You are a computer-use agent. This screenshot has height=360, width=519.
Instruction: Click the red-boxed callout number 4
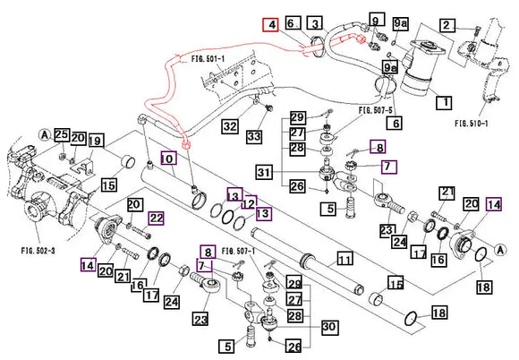pyautogui.click(x=270, y=25)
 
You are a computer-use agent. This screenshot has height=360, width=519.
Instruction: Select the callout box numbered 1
pyautogui.click(x=445, y=102)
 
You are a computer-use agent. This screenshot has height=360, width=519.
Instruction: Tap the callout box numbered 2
pyautogui.click(x=447, y=25)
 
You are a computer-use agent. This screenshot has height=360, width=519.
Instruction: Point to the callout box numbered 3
pyautogui.click(x=315, y=23)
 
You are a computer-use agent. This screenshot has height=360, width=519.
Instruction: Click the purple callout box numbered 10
pyautogui.click(x=168, y=159)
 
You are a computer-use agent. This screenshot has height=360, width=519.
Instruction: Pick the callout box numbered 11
pyautogui.click(x=345, y=259)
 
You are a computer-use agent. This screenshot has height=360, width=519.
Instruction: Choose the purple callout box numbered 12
pyautogui.click(x=249, y=202)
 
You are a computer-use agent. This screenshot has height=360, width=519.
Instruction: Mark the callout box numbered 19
pyautogui.click(x=96, y=141)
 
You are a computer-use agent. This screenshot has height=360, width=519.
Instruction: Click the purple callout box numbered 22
pyautogui.click(x=156, y=219)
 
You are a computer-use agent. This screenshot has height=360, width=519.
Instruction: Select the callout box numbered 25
pyautogui.click(x=62, y=135)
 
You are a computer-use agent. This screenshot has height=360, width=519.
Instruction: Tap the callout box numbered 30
pyautogui.click(x=329, y=327)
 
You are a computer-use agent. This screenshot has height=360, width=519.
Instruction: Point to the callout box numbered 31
pyautogui.click(x=265, y=173)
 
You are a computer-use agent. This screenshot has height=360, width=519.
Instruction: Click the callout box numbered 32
pyautogui.click(x=230, y=126)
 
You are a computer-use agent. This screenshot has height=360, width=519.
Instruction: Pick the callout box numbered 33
pyautogui.click(x=254, y=136)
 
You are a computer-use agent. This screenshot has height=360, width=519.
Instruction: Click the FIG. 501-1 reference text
pyautogui.click(x=208, y=59)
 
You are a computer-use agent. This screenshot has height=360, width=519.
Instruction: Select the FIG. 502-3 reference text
pyautogui.click(x=38, y=251)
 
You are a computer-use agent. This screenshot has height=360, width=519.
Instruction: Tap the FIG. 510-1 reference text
pyautogui.click(x=472, y=124)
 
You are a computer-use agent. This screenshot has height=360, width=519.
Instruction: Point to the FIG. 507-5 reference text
pyautogui.click(x=376, y=111)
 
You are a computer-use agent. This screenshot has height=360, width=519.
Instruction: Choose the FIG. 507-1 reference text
pyautogui.click(x=238, y=252)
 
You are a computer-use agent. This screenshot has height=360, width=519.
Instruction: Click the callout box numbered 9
pyautogui.click(x=376, y=20)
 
